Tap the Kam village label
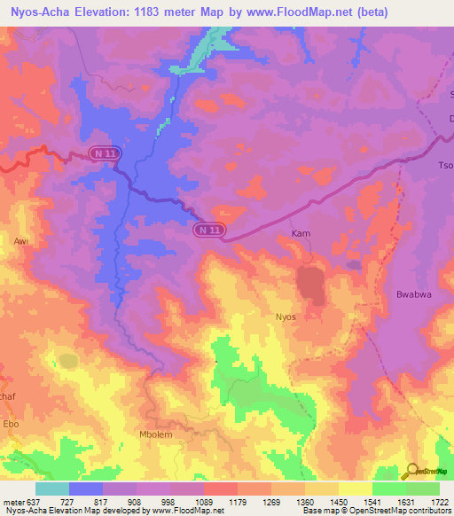point(301,233)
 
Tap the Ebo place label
point(12,423)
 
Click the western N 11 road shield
point(105,154)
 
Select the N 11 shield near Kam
point(209,230)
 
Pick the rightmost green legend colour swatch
point(422,489)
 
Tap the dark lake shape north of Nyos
point(309,285)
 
